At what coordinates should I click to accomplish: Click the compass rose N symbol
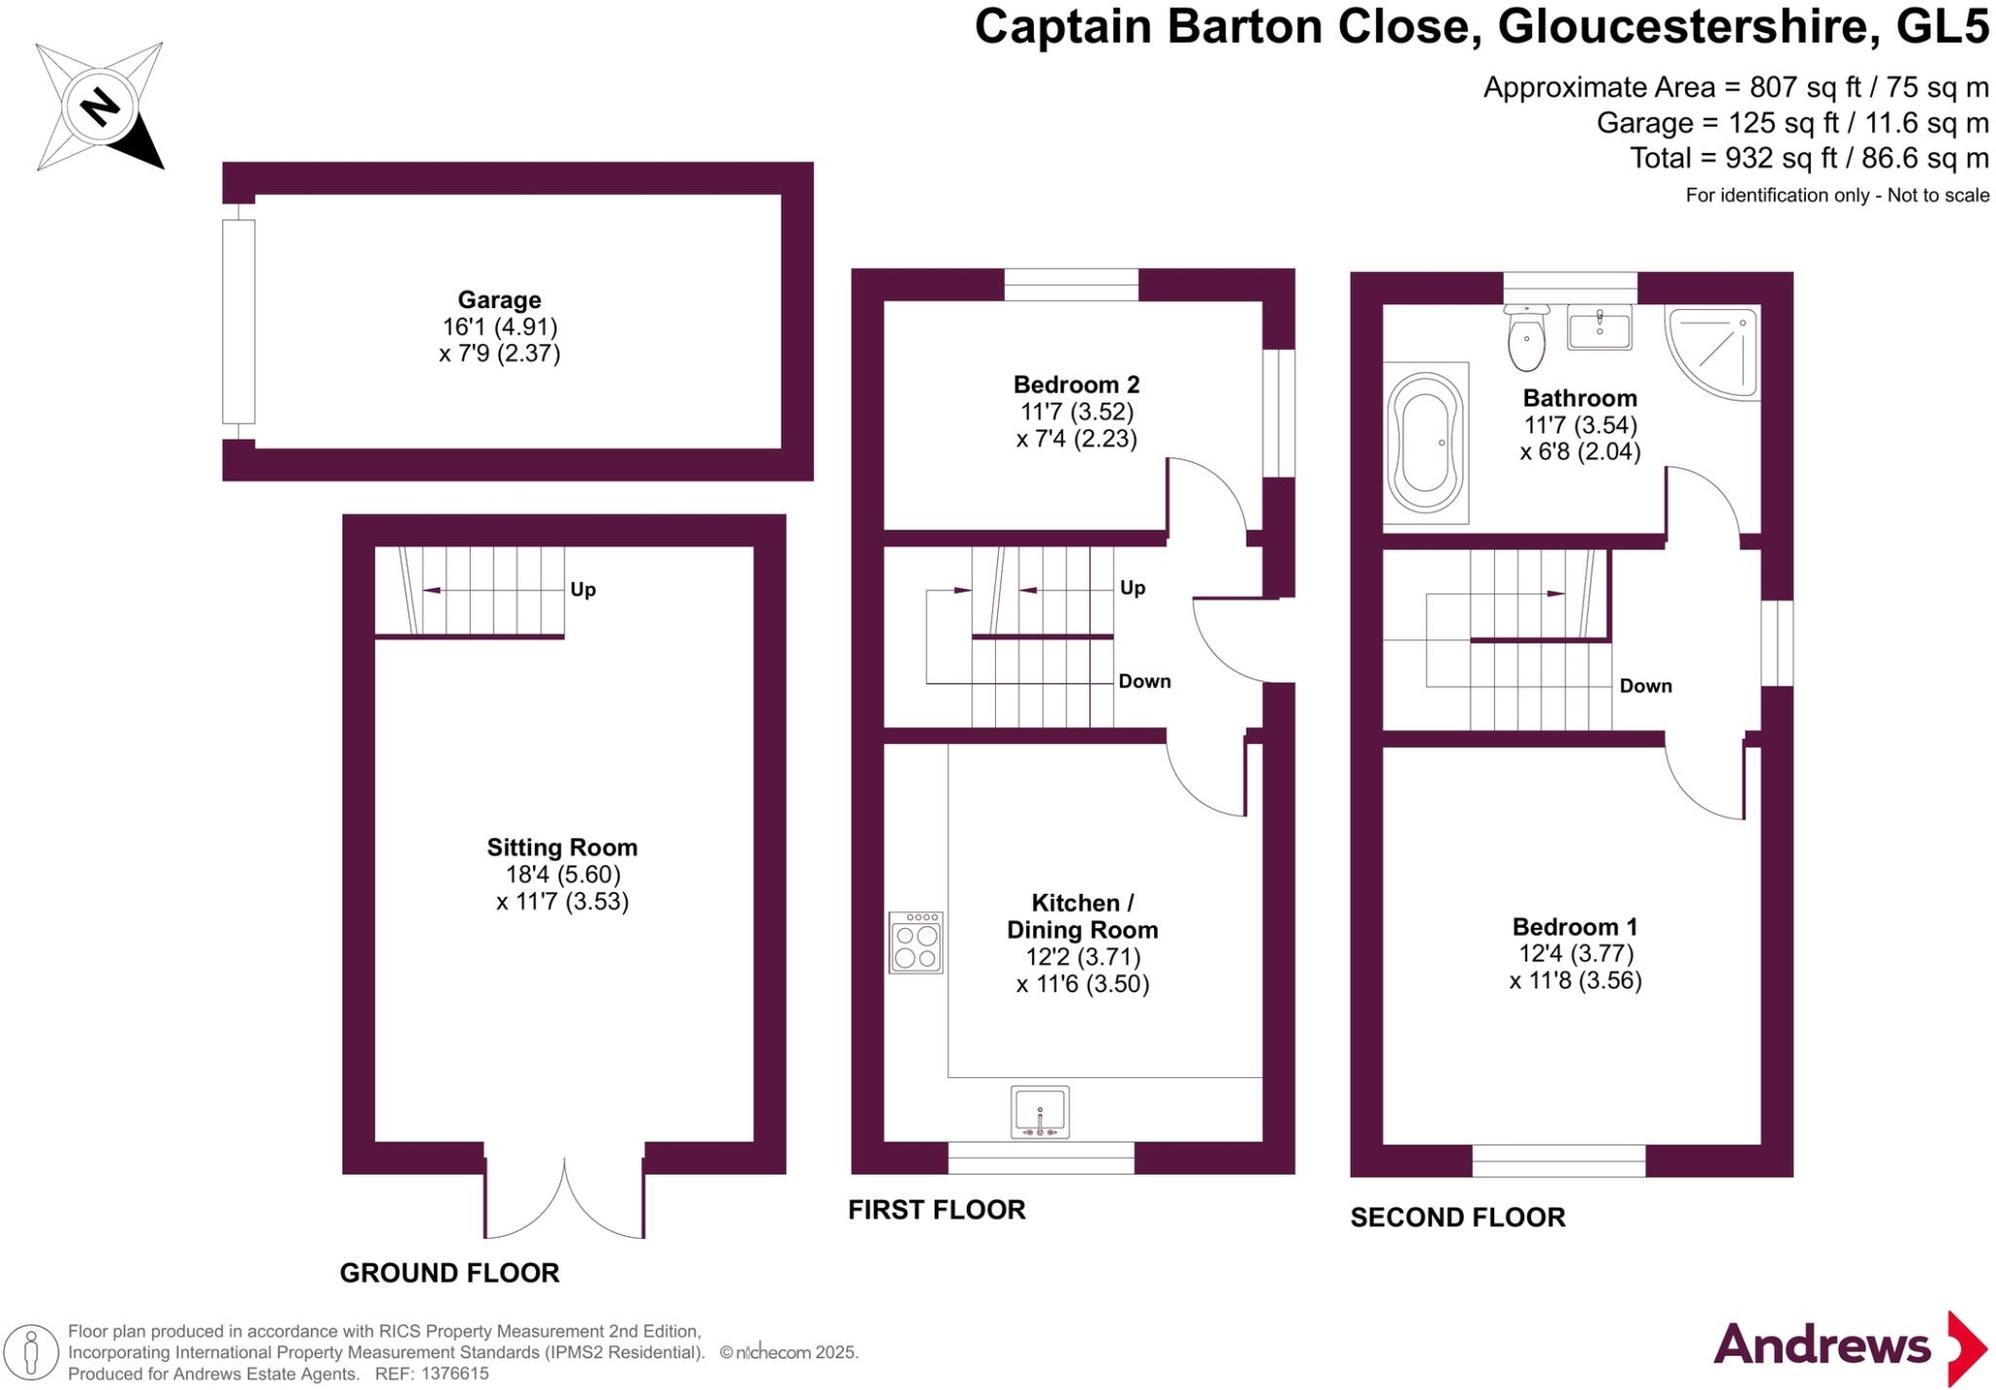tap(99, 105)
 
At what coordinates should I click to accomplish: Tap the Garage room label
tap(499, 300)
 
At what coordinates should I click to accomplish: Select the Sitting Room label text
tap(561, 848)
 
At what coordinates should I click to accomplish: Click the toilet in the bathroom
tap(1525, 337)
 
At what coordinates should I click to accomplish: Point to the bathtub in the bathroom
tap(1426, 444)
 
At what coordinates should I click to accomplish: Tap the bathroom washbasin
tap(1599, 327)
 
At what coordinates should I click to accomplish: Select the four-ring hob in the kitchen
tap(916, 943)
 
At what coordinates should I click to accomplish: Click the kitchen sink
tap(1040, 1111)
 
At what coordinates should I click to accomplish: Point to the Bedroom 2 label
tap(1076, 385)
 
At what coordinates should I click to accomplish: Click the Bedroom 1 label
tap(1575, 927)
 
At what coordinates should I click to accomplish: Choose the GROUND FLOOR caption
tap(449, 1273)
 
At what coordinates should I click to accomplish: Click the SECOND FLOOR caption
tap(1457, 1217)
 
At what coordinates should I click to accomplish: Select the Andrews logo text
tap(1822, 1346)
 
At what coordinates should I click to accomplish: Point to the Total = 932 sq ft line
tap(1809, 158)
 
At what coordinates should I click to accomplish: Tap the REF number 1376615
tap(454, 1374)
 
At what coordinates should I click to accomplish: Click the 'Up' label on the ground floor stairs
tap(583, 590)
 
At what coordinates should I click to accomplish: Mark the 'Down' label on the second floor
tap(1645, 686)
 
